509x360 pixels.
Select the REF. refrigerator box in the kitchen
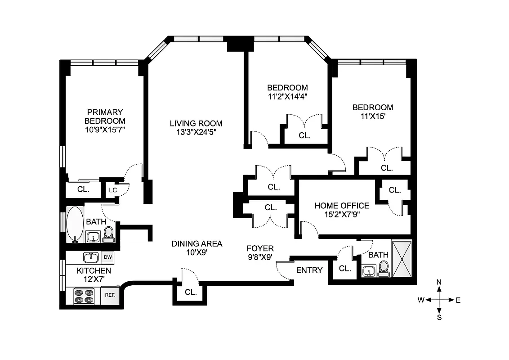pos(111,295)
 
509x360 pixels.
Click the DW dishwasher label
pos(107,257)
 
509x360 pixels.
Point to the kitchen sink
pos(91,257)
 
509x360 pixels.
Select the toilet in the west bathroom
pos(108,234)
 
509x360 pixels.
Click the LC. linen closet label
pos(113,190)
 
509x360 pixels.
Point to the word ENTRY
pos(309,270)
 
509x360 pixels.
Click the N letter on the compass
pos(439,282)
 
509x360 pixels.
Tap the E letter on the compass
pos(458,300)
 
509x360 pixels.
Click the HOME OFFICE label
pos(342,206)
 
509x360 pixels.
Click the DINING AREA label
pos(197,243)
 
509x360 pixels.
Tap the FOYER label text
pos(260,248)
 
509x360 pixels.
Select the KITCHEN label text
pos(94,270)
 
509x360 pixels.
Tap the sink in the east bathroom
pos(369,271)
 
